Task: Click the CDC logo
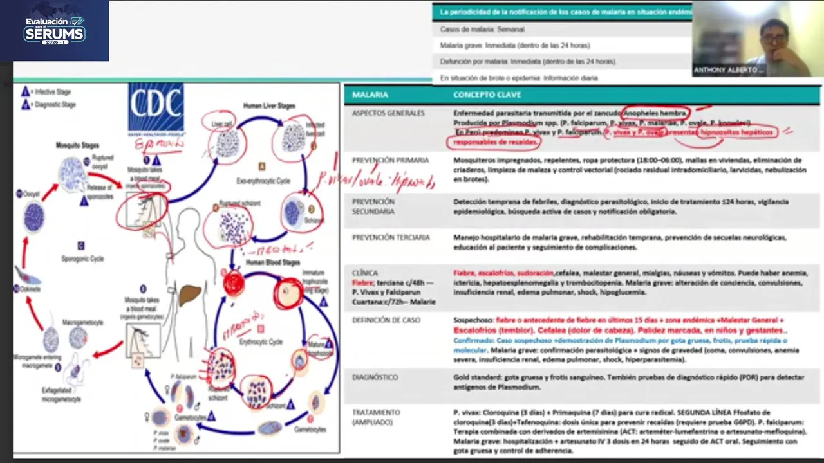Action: point(156,109)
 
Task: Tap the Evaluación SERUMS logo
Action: point(55,30)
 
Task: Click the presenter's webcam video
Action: point(757,39)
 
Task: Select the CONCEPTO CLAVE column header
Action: point(487,95)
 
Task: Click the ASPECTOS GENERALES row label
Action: point(388,113)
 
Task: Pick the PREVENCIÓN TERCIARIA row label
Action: point(391,237)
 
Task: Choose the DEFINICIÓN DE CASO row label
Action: point(386,320)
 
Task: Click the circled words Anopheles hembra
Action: point(656,113)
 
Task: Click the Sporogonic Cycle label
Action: point(82,259)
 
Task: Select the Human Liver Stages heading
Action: point(269,105)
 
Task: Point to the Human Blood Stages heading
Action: point(272,263)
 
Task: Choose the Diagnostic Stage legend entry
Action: point(51,105)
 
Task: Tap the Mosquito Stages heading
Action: point(77,145)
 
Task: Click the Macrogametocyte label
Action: point(82,322)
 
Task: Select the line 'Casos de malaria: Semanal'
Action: point(482,30)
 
